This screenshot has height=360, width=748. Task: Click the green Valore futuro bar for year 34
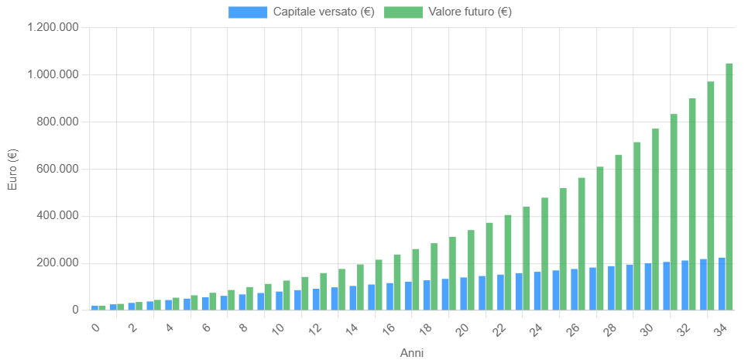(x=729, y=187)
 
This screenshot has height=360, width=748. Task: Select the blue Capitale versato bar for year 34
(x=722, y=284)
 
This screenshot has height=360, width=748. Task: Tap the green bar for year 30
(x=655, y=219)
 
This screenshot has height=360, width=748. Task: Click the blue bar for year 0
(x=95, y=308)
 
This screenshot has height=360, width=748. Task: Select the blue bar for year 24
(x=537, y=291)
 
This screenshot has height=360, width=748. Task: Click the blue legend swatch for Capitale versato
(x=248, y=12)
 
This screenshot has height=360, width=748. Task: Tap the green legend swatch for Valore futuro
(x=403, y=12)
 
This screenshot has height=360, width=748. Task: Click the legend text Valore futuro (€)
(x=470, y=12)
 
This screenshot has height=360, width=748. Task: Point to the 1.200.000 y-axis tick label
(x=53, y=28)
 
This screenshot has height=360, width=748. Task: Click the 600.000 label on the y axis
(x=58, y=170)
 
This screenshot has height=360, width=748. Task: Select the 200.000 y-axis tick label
(x=58, y=264)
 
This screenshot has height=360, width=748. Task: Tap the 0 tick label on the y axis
(x=75, y=310)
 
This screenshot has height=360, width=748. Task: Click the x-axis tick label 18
(x=426, y=328)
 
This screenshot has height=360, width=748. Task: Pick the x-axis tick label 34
(x=722, y=328)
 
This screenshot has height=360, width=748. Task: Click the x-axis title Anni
(x=412, y=353)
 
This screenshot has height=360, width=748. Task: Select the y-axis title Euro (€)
(x=13, y=169)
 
